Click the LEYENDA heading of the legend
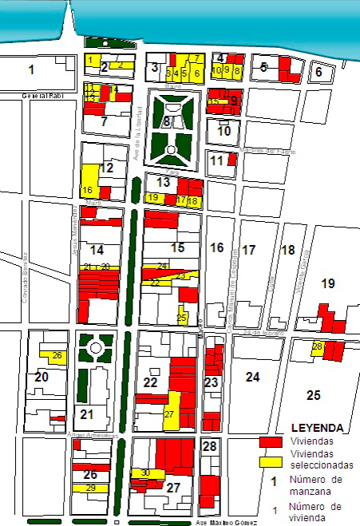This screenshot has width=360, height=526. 318,428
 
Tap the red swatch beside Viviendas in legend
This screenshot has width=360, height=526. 271,441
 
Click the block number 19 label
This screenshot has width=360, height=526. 328,283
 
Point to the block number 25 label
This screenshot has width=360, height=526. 313,394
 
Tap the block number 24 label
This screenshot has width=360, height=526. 253,376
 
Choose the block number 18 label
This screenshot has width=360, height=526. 288,250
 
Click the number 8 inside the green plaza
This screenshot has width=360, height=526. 166,122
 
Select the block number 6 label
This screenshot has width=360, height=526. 318,72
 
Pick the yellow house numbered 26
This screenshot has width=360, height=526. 56,356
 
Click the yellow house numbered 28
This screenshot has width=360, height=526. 317,346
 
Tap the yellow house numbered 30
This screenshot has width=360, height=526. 144,473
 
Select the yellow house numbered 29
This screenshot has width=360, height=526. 90,488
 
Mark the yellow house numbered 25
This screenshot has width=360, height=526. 182,317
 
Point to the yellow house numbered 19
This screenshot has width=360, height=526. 152,197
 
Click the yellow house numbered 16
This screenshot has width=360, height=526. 87,190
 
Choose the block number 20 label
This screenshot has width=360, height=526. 42,377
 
